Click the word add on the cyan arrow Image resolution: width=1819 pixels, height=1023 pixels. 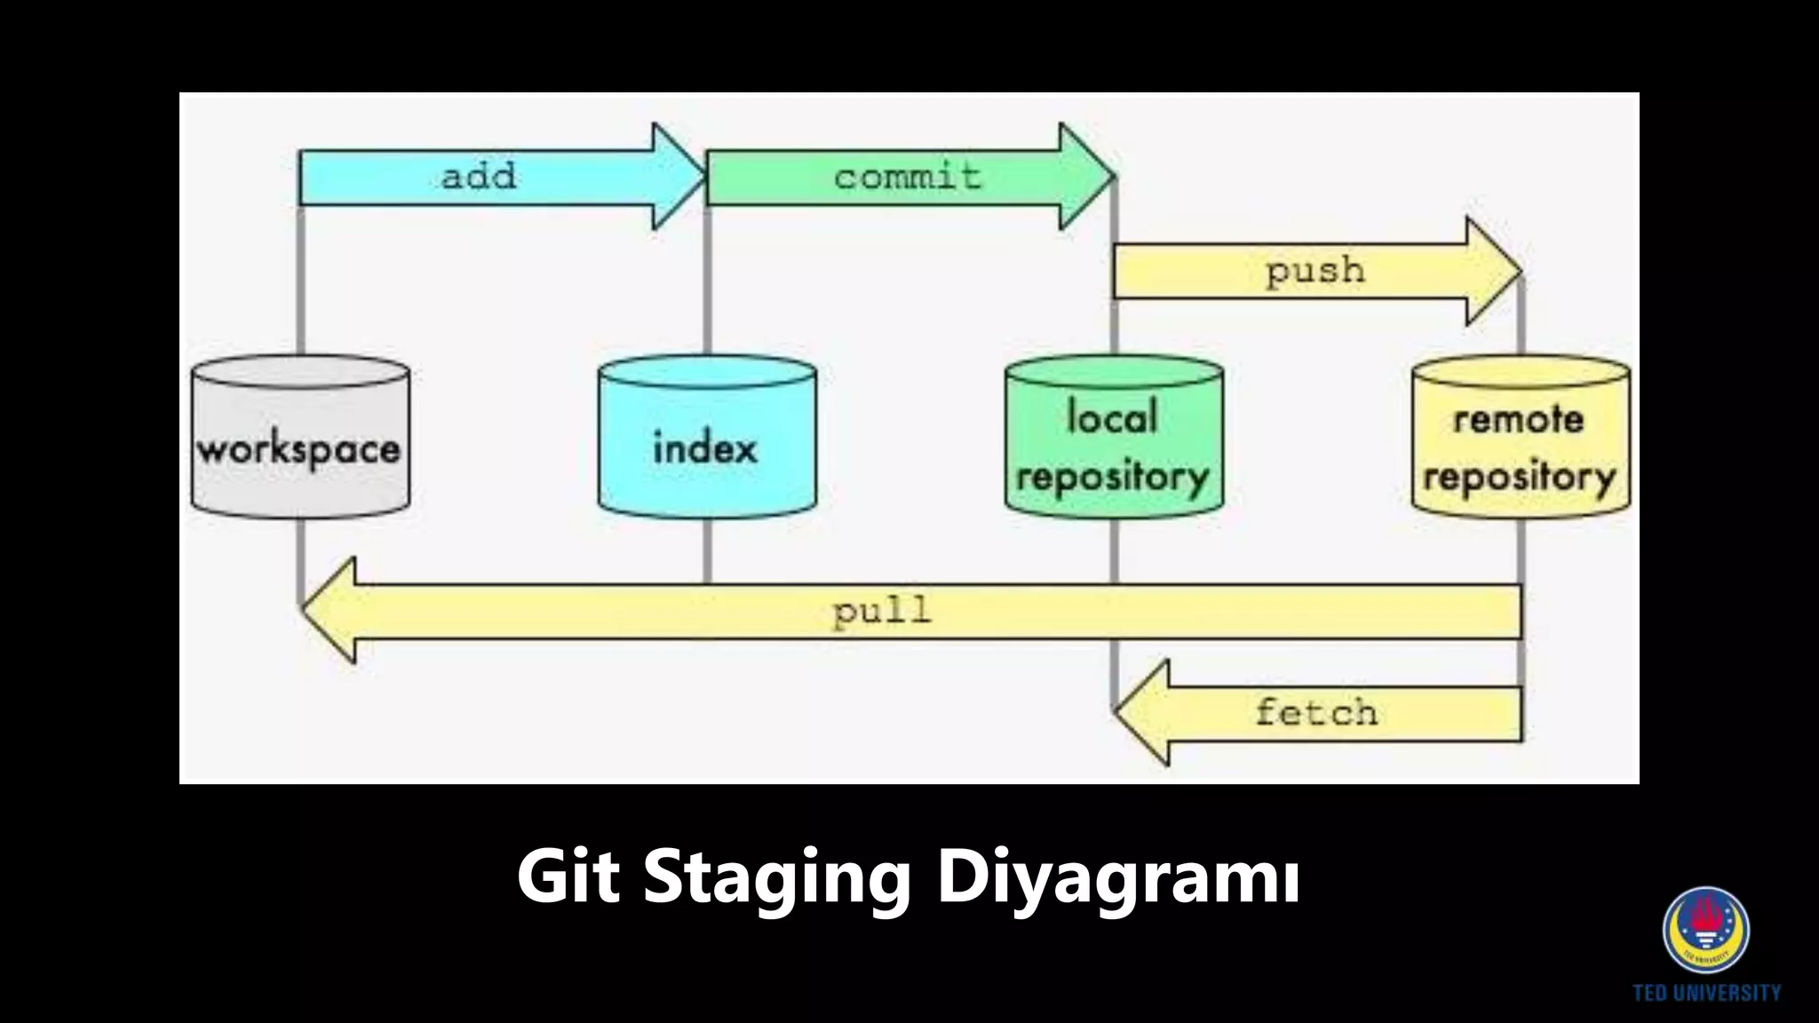479,176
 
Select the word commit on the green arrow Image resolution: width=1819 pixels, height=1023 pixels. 908,176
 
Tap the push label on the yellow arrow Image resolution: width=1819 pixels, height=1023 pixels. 1315,270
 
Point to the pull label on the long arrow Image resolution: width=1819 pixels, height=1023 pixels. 882,611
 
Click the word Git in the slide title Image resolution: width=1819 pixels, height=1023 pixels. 568,877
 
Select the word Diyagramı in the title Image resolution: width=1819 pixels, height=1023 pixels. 1119,877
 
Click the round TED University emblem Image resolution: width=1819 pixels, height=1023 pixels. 1706,930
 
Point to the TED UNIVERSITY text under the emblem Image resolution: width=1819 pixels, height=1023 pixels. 1706,993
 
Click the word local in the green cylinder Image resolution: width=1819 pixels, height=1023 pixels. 1112,416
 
